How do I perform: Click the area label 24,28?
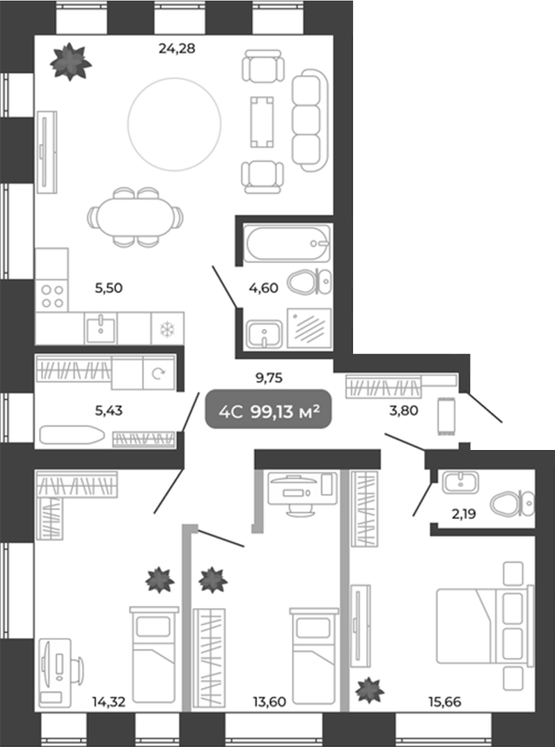[x=176, y=48]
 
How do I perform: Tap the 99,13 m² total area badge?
[x=267, y=410]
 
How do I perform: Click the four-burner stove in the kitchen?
[x=52, y=296]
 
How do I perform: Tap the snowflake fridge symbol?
[x=167, y=328]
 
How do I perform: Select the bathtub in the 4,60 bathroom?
[x=288, y=243]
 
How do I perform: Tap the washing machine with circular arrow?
[x=158, y=374]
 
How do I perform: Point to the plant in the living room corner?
[x=70, y=61]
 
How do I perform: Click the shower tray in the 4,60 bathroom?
[x=311, y=327]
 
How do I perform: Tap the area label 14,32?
[x=108, y=701]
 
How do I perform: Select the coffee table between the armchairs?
[x=261, y=121]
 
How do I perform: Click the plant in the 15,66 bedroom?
[x=369, y=691]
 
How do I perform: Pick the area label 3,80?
[x=403, y=410]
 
